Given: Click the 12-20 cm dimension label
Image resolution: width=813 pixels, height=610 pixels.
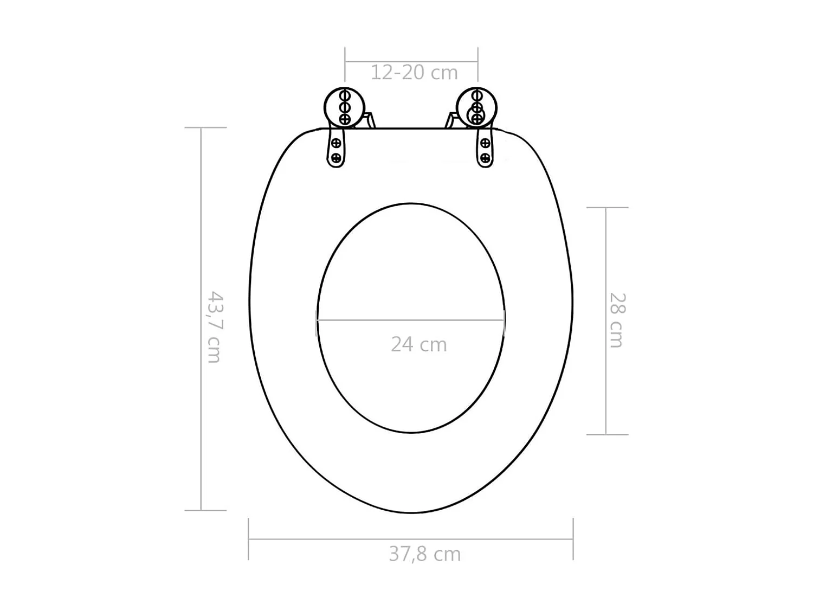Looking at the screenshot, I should pyautogui.click(x=414, y=73).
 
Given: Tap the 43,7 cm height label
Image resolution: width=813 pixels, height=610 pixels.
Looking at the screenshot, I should pyautogui.click(x=215, y=327).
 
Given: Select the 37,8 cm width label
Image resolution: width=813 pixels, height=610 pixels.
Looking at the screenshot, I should pyautogui.click(x=424, y=554).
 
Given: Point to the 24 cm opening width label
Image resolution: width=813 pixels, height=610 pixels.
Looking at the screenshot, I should pyautogui.click(x=418, y=344).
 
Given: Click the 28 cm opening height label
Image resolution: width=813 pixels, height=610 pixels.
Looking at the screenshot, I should pyautogui.click(x=617, y=320).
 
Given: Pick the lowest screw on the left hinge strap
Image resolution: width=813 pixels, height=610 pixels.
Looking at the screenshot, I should pyautogui.click(x=336, y=158).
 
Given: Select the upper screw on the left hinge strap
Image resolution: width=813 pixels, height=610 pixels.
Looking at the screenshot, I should pyautogui.click(x=336, y=144).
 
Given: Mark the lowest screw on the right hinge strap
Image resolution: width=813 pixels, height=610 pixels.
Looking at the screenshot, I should pyautogui.click(x=485, y=158).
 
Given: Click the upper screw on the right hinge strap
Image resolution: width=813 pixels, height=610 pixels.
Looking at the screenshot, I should pyautogui.click(x=485, y=144).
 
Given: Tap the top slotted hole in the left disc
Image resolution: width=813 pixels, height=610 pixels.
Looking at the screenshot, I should pyautogui.click(x=344, y=96).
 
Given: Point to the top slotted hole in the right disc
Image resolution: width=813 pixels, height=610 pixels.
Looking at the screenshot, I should pyautogui.click(x=476, y=96).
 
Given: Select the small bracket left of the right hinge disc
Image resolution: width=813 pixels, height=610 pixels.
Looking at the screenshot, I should pyautogui.click(x=451, y=120).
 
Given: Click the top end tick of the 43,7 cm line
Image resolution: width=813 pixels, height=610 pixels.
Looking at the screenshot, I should pyautogui.click(x=205, y=128).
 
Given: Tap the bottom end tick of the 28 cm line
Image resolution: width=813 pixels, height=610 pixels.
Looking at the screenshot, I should pyautogui.click(x=607, y=434).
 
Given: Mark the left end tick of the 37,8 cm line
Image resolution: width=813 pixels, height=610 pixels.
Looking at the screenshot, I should pyautogui.click(x=249, y=539).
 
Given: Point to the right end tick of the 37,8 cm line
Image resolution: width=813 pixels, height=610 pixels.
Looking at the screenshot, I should pyautogui.click(x=573, y=539).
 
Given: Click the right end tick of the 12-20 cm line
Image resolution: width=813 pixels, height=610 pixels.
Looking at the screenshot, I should pyautogui.click(x=478, y=62).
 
